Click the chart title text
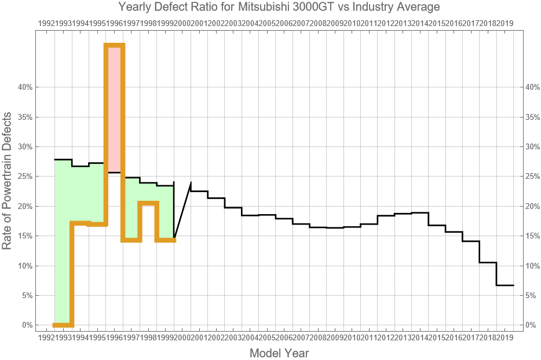pyautogui.click(x=270, y=8)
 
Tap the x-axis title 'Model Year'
pyautogui.click(x=279, y=352)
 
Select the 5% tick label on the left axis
pyautogui.click(x=28, y=295)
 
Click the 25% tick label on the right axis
pyautogui.click(x=531, y=177)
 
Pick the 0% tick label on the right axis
pyautogui.click(x=529, y=325)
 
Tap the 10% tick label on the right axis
pyautogui.click(x=531, y=266)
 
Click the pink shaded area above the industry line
pyautogui.click(x=115, y=110)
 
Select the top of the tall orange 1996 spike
pyautogui.click(x=115, y=45)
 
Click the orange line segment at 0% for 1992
pyautogui.click(x=63, y=325)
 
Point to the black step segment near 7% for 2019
pyautogui.click(x=505, y=285)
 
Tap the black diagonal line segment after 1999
pyautogui.click(x=182, y=211)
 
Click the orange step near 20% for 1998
pyautogui.click(x=148, y=203)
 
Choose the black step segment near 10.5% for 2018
pyautogui.click(x=488, y=263)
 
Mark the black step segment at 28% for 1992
pyautogui.click(x=63, y=159)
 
